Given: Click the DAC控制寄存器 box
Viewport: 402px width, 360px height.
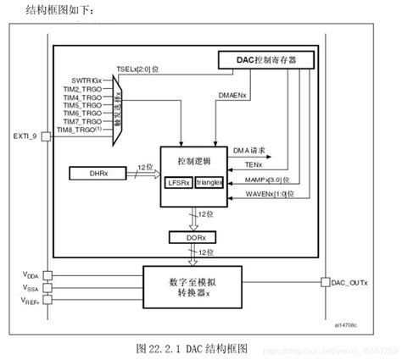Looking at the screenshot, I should point(267,59).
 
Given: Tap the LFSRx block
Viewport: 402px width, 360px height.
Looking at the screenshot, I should point(179,182).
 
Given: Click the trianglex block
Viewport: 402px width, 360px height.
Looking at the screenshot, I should point(209,182).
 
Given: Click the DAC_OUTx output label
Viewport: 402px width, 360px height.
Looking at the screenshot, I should point(349,282).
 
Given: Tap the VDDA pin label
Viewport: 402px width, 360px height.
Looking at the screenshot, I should point(29,274).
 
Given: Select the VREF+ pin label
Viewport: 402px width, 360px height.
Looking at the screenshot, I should point(29,301).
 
